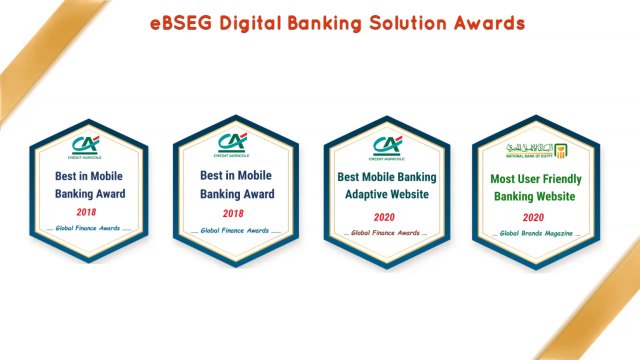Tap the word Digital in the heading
pos(254,21)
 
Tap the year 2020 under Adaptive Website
pos(385,217)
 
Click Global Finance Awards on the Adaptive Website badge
pos(385,233)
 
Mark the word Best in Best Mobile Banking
pos(349,176)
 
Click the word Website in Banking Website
pos(555,196)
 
